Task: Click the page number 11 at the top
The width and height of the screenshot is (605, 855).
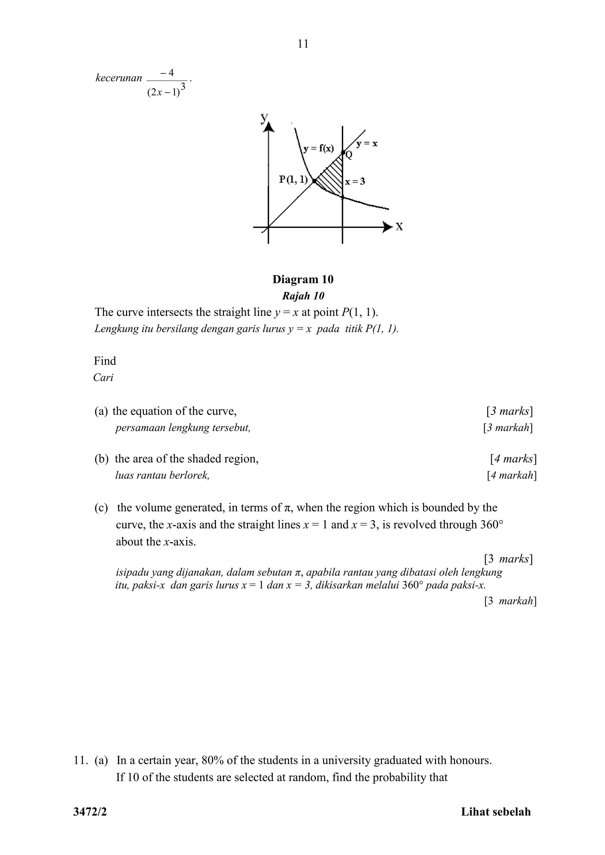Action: pyautogui.click(x=303, y=44)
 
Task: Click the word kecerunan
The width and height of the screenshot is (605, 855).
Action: pyautogui.click(x=119, y=78)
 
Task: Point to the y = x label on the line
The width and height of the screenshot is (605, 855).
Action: pyautogui.click(x=367, y=144)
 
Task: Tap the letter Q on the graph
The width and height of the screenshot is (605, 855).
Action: pyautogui.click(x=349, y=155)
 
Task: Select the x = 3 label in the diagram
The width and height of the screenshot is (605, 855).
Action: pyautogui.click(x=355, y=182)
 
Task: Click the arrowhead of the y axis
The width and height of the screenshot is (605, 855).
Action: pyautogui.click(x=269, y=128)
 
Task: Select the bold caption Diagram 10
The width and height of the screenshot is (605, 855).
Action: pyautogui.click(x=303, y=279)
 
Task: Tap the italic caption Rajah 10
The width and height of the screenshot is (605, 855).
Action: pyautogui.click(x=303, y=296)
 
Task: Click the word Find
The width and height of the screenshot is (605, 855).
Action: pyautogui.click(x=105, y=361)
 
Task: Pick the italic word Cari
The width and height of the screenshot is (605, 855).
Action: pyautogui.click(x=103, y=378)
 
